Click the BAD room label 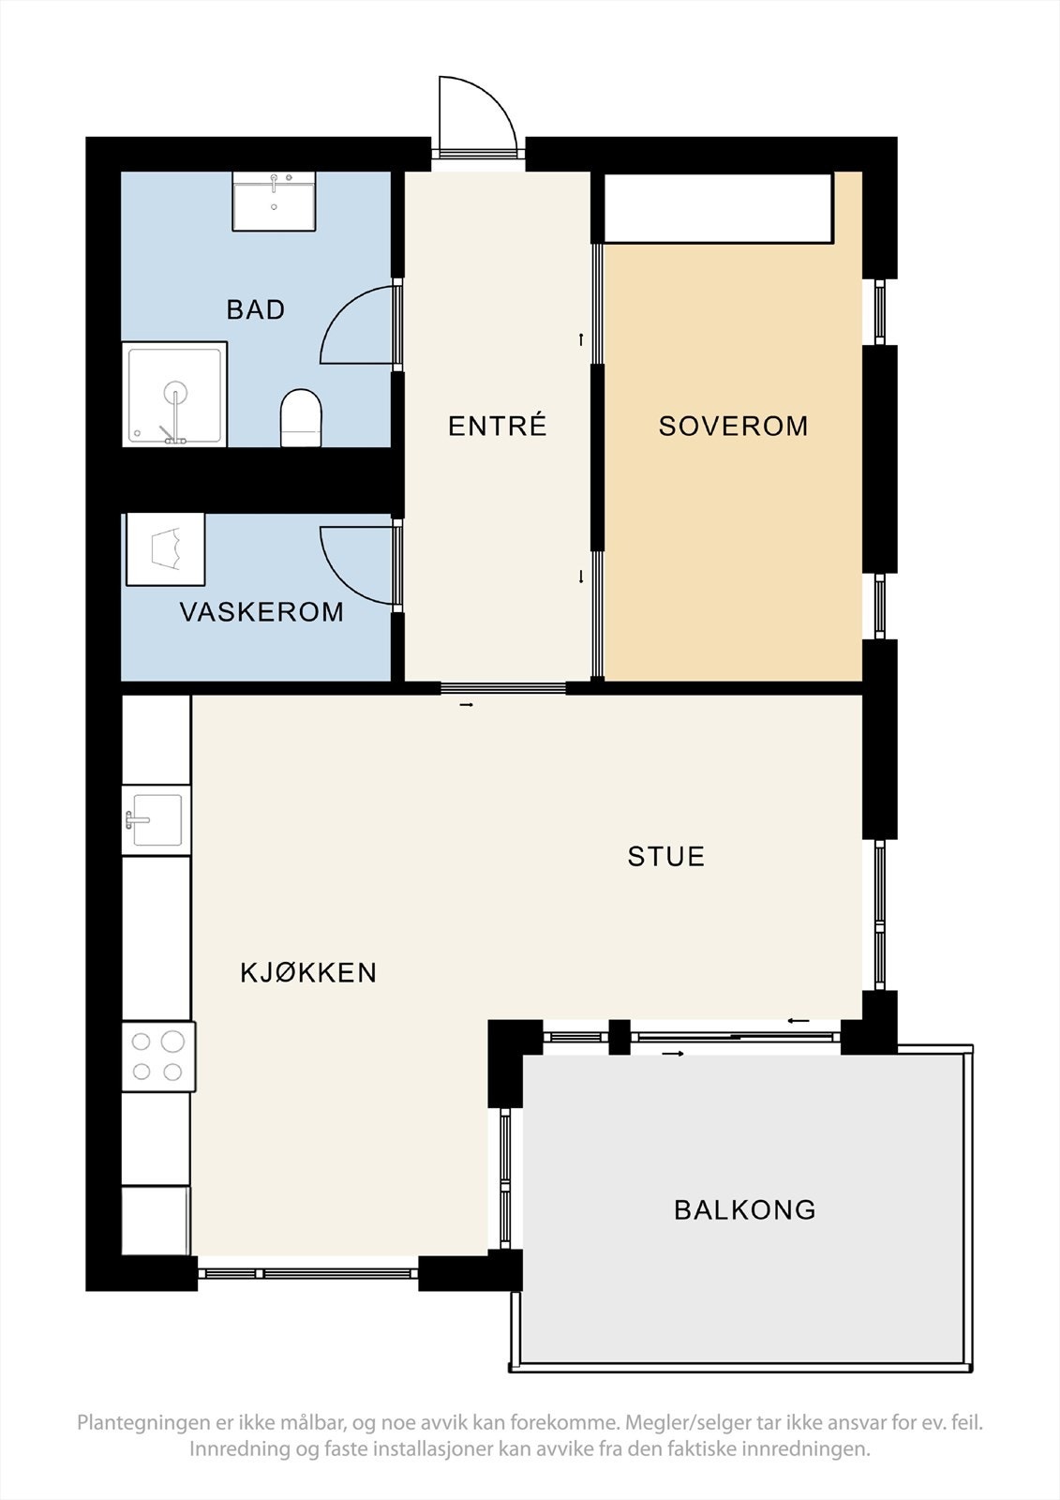[256, 309]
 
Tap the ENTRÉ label [498, 426]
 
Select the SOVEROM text [733, 426]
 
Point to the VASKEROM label [261, 612]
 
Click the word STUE [666, 857]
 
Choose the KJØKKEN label [308, 972]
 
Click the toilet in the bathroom [302, 418]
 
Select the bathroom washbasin [274, 201]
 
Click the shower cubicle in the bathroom [174, 394]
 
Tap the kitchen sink [157, 819]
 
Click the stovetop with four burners [158, 1057]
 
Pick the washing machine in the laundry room [165, 549]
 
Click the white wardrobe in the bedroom [719, 207]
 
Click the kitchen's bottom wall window [308, 1273]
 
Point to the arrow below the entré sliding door [467, 705]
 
